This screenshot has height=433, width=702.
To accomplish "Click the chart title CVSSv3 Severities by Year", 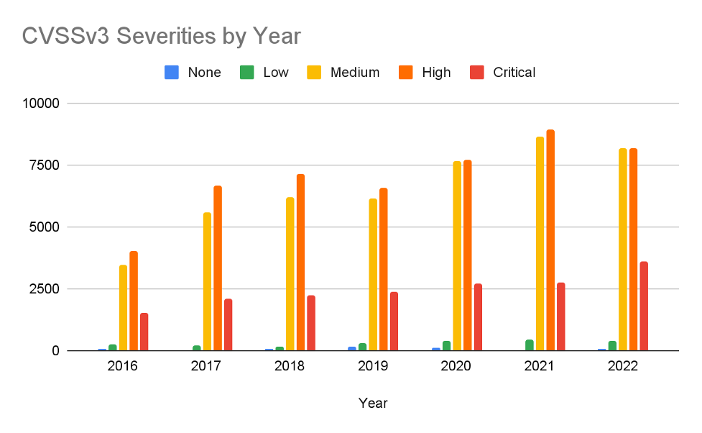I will pyautogui.click(x=161, y=36).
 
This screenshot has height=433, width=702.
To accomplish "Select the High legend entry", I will pyautogui.click(x=436, y=72).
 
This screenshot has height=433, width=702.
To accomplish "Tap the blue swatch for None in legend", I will pyautogui.click(x=172, y=72).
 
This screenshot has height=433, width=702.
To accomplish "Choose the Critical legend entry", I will pyautogui.click(x=514, y=72).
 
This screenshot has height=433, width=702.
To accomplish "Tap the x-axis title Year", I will pyautogui.click(x=373, y=403).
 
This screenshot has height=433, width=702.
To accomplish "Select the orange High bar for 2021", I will pyautogui.click(x=550, y=240).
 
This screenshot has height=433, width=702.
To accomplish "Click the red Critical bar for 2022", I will pyautogui.click(x=644, y=306).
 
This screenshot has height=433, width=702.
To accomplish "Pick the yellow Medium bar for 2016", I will pyautogui.click(x=124, y=308).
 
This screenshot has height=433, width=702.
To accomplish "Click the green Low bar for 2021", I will pyautogui.click(x=530, y=345).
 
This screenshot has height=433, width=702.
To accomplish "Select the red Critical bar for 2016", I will pyautogui.click(x=144, y=332).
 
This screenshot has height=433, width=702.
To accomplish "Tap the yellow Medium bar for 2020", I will pyautogui.click(x=457, y=256).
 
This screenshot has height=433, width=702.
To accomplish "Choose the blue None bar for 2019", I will pyautogui.click(x=352, y=349).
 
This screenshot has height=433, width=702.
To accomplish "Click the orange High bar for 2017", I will pyautogui.click(x=217, y=268).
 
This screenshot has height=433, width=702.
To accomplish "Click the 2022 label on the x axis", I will pyautogui.click(x=622, y=366).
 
